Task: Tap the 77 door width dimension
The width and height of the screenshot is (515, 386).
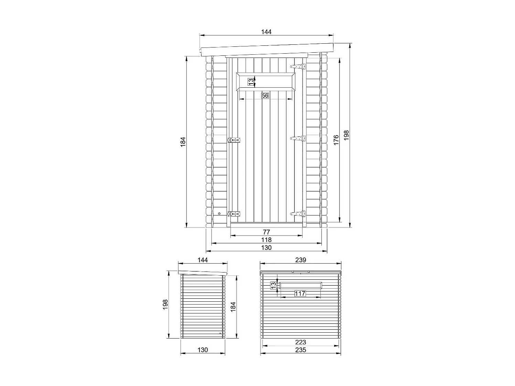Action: click(266, 232)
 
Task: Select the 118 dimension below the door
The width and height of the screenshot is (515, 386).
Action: click(266, 240)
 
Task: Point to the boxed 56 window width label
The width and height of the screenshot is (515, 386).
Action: click(265, 95)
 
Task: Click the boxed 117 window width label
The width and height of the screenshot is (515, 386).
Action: click(300, 293)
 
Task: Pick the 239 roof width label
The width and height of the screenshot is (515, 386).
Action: click(300, 260)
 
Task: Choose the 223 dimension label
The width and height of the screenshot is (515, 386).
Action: click(300, 342)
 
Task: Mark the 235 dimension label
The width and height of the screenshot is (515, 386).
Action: click(300, 350)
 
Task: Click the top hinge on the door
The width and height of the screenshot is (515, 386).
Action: click(298, 66)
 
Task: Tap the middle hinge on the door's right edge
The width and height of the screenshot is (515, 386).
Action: click(298, 138)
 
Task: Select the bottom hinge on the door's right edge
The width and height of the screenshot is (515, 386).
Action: click(298, 214)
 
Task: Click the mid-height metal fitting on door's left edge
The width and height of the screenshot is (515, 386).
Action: click(234, 140)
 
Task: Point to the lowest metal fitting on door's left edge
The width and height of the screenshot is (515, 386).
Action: click(234, 214)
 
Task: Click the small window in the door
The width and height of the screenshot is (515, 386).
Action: click(266, 82)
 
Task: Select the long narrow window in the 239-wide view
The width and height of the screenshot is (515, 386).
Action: click(301, 285)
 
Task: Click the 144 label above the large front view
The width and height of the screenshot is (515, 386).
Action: click(266, 32)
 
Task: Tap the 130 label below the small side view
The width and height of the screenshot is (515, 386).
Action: click(203, 350)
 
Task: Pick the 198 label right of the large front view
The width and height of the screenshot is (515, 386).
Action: click(346, 135)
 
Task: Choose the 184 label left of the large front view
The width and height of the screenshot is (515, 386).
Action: click(183, 142)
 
